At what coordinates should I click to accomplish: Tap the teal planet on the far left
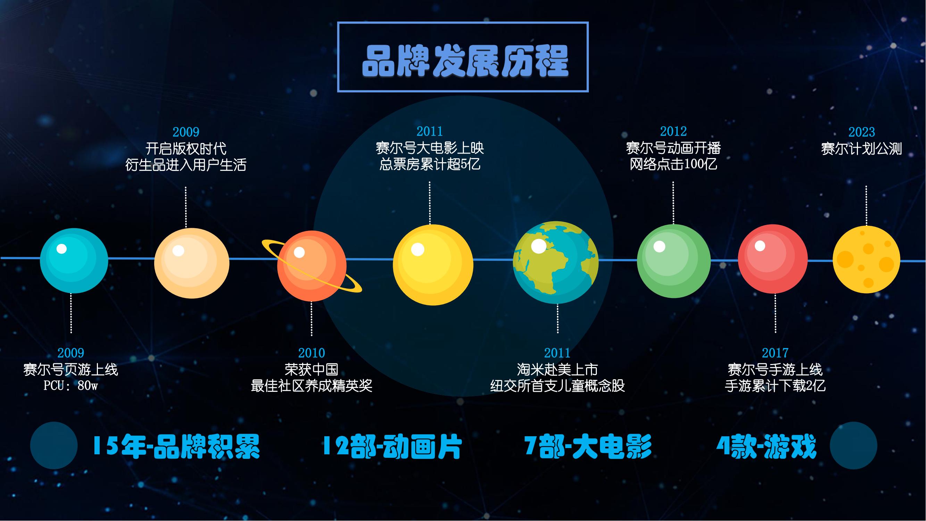pyautogui.click(x=74, y=261)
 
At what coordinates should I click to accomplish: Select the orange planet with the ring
pyautogui.click(x=312, y=266)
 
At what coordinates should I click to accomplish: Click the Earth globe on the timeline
pyautogui.click(x=556, y=263)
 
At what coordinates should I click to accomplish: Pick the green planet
pyautogui.click(x=674, y=261)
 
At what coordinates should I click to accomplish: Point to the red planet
pyautogui.click(x=773, y=259)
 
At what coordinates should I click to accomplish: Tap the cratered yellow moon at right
pyautogui.click(x=866, y=259)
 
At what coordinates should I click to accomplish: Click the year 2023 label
pyautogui.click(x=862, y=132)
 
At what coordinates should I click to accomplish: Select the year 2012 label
pyautogui.click(x=673, y=132)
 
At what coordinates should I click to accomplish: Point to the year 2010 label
pyautogui.click(x=312, y=353)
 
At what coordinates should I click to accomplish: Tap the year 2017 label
pyautogui.click(x=775, y=353)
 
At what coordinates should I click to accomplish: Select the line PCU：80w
pyautogui.click(x=71, y=386)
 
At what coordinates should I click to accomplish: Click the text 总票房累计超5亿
pyautogui.click(x=430, y=164)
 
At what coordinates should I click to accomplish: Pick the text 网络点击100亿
pyautogui.click(x=673, y=164)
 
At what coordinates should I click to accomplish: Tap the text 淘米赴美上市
pyautogui.click(x=558, y=370)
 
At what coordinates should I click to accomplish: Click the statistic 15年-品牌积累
pyautogui.click(x=176, y=447)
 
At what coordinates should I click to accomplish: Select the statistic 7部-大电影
pyautogui.click(x=588, y=447)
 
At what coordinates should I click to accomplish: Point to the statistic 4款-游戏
pyautogui.click(x=766, y=447)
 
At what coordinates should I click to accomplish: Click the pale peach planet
pyautogui.click(x=192, y=263)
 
